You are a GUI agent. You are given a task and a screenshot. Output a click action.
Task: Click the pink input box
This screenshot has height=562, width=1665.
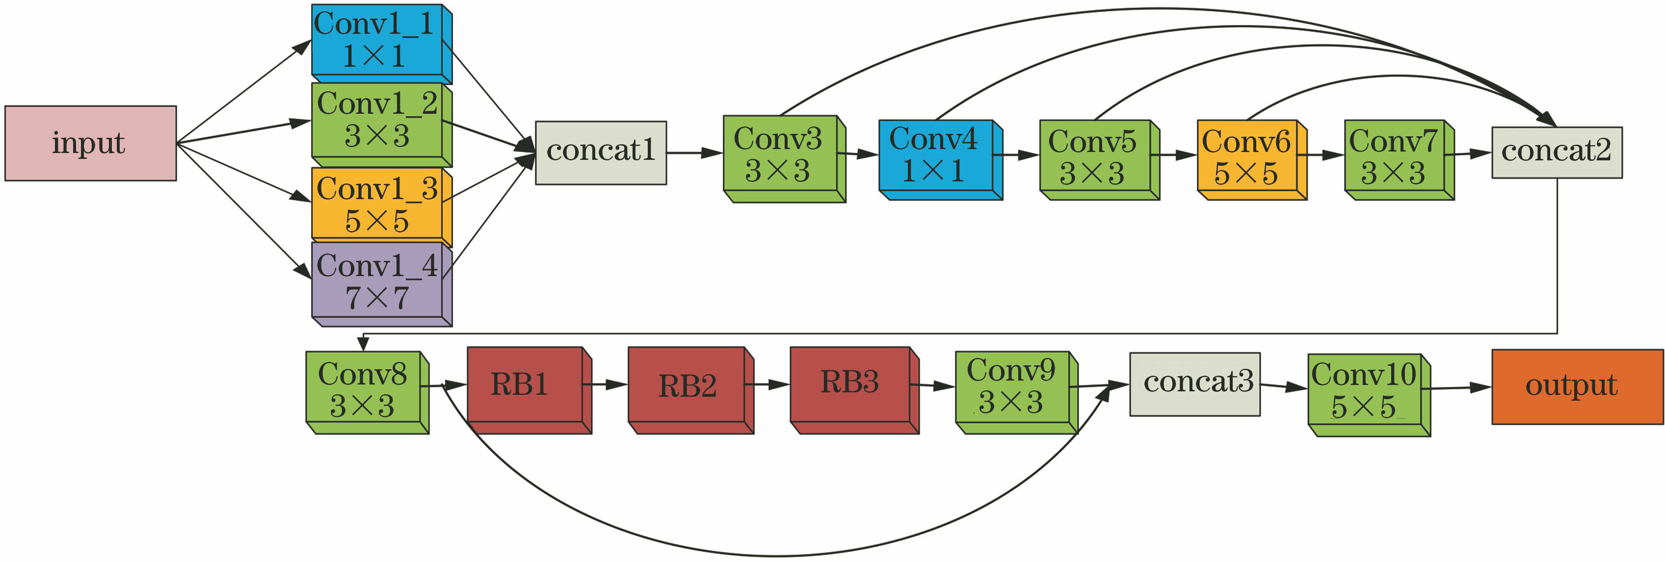90,143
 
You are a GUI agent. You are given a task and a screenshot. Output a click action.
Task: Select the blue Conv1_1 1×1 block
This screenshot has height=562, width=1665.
378,41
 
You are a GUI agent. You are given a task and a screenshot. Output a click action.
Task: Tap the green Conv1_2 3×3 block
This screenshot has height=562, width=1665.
378,120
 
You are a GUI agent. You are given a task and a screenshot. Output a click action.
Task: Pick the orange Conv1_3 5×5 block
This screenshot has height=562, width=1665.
378,204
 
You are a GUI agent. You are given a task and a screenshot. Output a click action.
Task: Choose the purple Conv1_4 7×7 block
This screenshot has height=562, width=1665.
378,281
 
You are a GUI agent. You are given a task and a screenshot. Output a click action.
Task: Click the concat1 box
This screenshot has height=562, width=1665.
601,153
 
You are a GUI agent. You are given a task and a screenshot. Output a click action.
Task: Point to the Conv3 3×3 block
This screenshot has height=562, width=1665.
780,155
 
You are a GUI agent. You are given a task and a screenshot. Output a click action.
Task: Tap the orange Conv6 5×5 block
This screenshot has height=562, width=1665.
1247,157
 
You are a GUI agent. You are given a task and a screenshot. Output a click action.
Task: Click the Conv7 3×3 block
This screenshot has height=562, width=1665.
1395,157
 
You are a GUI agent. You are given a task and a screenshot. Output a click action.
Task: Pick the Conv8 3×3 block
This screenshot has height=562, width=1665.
364,389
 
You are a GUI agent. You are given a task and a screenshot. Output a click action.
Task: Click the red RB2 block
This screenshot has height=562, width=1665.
687,386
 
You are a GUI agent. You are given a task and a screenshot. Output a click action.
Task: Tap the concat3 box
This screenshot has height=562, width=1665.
1194,383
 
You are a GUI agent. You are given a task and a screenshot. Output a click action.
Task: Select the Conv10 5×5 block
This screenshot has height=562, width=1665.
1365,391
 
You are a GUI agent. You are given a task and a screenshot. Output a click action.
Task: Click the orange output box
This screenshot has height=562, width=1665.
1577,386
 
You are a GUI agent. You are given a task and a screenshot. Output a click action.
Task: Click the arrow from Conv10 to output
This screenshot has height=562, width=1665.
1460,388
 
